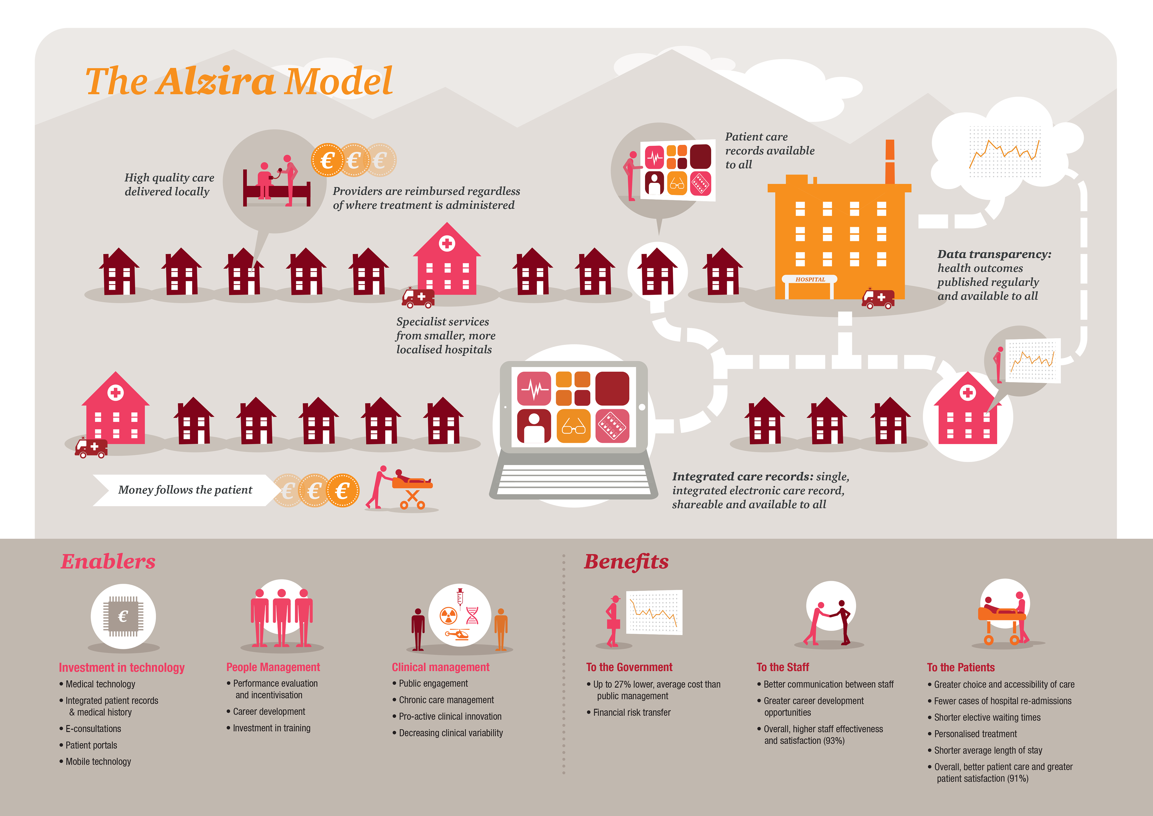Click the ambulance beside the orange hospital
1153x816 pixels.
coord(878,298)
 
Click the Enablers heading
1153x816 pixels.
coord(108,561)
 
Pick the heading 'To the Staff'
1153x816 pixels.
coord(782,667)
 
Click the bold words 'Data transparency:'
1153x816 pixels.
coord(994,254)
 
